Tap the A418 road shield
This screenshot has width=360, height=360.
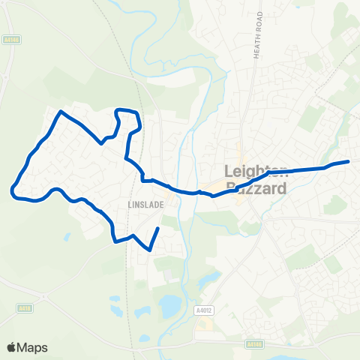(23, 307)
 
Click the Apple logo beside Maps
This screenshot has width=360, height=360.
(11, 347)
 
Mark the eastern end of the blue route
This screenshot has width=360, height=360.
(349, 161)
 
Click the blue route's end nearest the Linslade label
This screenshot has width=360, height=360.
(158, 227)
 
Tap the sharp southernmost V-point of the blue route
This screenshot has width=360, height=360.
(149, 250)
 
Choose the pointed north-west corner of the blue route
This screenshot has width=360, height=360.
(61, 112)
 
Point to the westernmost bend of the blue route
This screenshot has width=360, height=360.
(12, 191)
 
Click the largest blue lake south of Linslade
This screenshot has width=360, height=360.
(169, 303)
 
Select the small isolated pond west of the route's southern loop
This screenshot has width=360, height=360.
(67, 237)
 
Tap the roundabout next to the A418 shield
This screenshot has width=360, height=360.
(43, 298)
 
